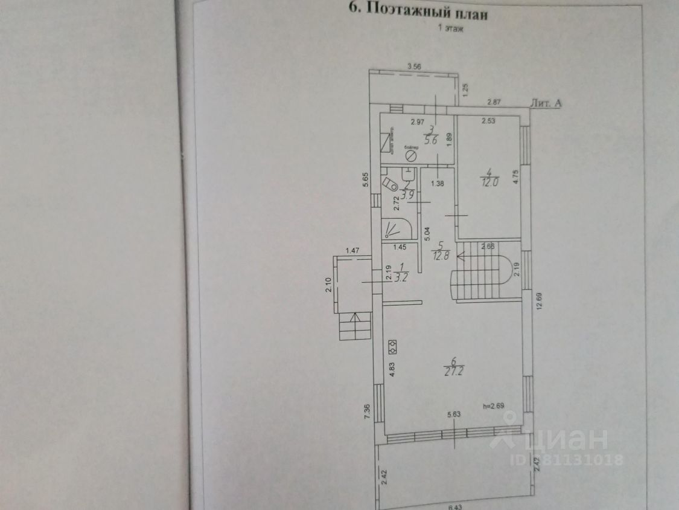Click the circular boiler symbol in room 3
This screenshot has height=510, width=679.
pyautogui.click(x=410, y=156)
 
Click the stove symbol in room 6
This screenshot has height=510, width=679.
pyautogui.click(x=393, y=345)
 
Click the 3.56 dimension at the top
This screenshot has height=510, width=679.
pyautogui.click(x=414, y=66)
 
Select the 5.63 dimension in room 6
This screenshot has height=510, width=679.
pyautogui.click(x=454, y=415)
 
